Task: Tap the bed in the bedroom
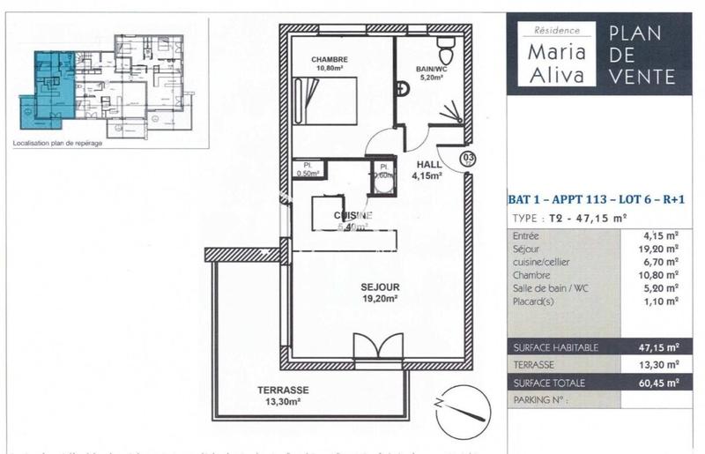pos(325,101)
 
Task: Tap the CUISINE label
pos(352,216)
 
